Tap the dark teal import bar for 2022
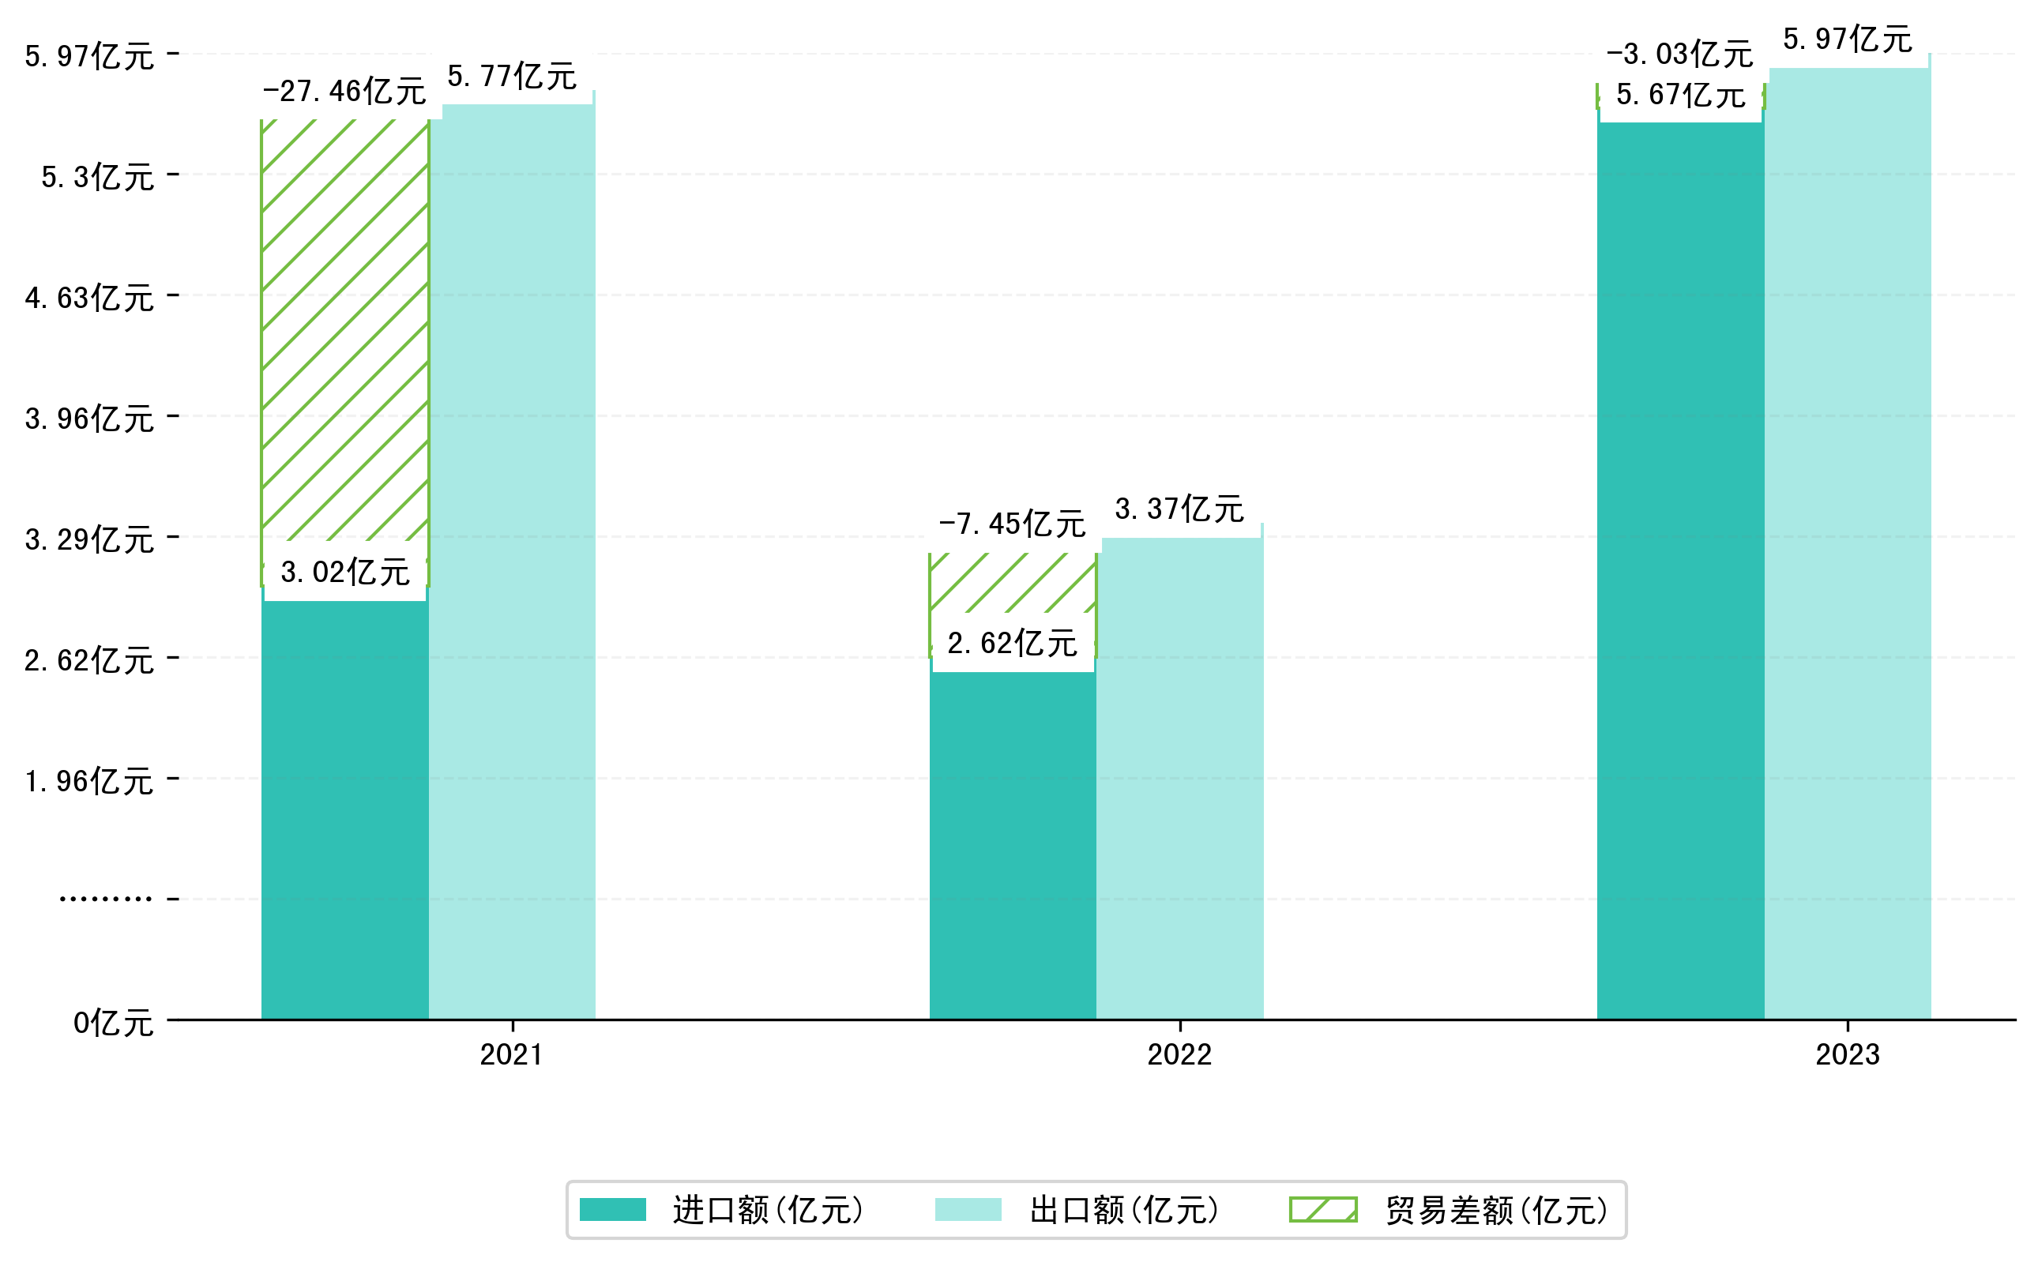coord(1012,843)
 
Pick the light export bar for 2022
coord(1179,776)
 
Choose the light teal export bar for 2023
coord(1847,543)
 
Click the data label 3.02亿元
coord(345,573)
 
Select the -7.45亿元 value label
coord(1012,524)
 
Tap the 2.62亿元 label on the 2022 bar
coord(1012,644)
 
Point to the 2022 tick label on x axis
coord(1179,1055)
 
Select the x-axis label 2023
coord(1847,1055)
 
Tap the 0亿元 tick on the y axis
coord(114,1023)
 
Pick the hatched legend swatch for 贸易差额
coord(1322,1209)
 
